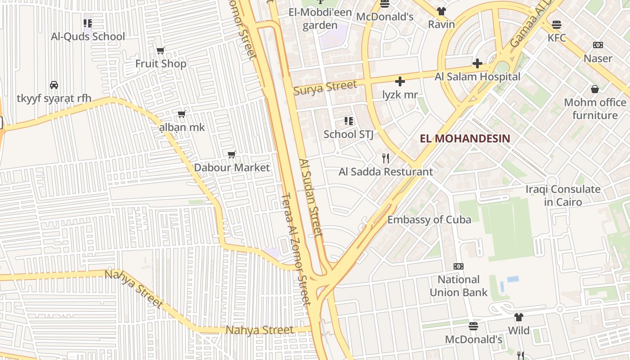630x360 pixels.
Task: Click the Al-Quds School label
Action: point(88,36)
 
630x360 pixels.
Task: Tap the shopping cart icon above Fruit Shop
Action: point(161,50)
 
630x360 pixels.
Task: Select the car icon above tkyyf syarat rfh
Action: point(54,85)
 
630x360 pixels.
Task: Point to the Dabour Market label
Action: point(232,167)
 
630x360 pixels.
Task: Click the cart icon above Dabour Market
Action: point(232,155)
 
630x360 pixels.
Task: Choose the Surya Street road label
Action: point(325,87)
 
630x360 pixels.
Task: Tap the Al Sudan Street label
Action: point(311,197)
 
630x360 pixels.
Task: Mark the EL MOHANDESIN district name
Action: point(465,138)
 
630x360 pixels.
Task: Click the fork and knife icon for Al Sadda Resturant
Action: point(385,158)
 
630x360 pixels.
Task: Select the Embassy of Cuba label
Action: point(429,220)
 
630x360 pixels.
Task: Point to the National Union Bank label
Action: point(459,286)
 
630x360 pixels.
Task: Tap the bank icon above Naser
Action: point(598,45)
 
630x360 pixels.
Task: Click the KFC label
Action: point(557,38)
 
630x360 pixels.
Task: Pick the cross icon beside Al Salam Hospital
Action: point(477,63)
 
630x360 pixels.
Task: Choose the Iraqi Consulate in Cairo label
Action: point(563,195)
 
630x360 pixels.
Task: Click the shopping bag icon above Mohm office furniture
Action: point(595,89)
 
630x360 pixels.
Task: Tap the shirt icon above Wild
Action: point(519,317)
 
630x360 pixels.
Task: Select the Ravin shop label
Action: point(441,24)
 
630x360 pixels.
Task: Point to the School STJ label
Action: point(348,134)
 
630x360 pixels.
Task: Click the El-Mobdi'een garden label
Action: point(320,18)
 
